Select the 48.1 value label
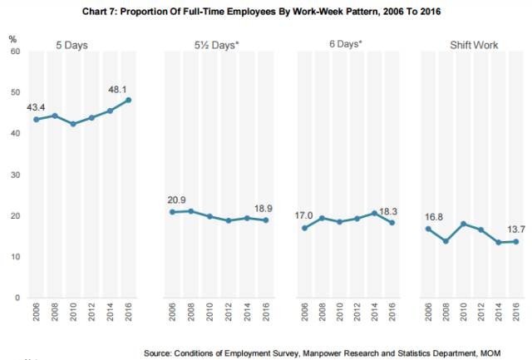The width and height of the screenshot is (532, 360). (x=116, y=87)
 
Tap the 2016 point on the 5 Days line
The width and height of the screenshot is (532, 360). (x=127, y=101)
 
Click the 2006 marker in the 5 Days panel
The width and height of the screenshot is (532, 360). (x=36, y=120)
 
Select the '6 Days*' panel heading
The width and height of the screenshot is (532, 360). (x=346, y=44)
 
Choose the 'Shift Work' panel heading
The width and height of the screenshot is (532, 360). (x=475, y=44)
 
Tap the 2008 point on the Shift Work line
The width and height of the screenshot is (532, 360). (x=446, y=241)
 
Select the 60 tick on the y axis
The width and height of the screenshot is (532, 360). (x=14, y=52)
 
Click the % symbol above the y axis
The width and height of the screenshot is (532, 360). (x=12, y=38)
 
